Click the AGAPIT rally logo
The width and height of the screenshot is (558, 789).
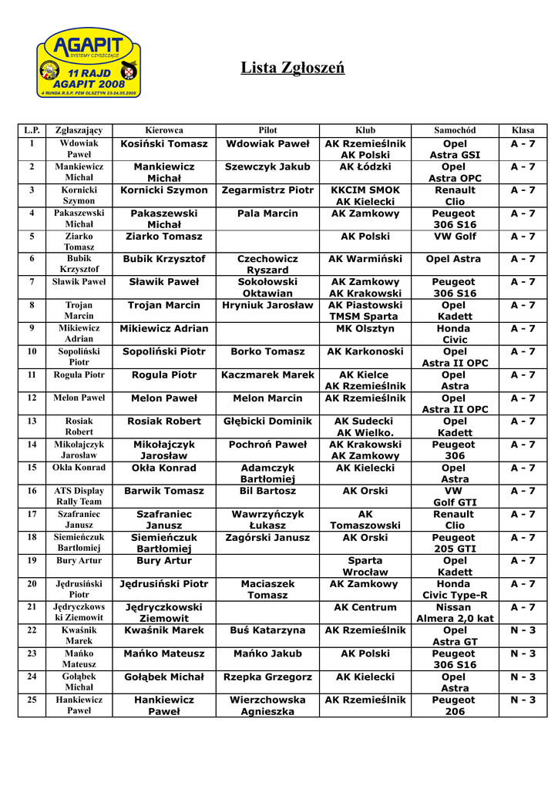tap(89, 62)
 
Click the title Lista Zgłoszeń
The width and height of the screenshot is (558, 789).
tap(292, 69)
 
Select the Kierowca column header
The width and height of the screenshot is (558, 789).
tap(164, 130)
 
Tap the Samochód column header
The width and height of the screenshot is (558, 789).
tap(455, 130)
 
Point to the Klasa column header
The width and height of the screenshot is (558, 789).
tap(523, 130)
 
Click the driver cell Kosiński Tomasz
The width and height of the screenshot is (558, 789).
tap(164, 144)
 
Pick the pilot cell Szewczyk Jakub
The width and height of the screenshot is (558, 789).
tap(267, 167)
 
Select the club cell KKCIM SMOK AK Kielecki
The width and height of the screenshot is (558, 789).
tap(365, 196)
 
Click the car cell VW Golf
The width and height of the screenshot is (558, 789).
tap(455, 237)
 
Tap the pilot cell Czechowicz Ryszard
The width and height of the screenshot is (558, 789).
tap(267, 265)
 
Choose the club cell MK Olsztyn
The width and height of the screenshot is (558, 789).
tap(365, 329)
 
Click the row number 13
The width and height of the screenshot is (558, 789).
tap(32, 421)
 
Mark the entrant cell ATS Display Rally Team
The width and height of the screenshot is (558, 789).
tap(79, 496)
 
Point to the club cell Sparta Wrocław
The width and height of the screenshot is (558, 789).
tap(365, 566)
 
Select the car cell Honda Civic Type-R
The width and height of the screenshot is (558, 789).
tap(455, 589)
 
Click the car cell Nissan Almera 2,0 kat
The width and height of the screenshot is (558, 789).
tap(455, 613)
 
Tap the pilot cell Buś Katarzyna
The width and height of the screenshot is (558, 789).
tap(267, 630)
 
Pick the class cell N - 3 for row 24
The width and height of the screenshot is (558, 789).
tap(523, 677)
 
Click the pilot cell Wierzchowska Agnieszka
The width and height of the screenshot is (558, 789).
tap(267, 706)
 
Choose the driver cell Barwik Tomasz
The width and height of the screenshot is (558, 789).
tap(164, 491)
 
